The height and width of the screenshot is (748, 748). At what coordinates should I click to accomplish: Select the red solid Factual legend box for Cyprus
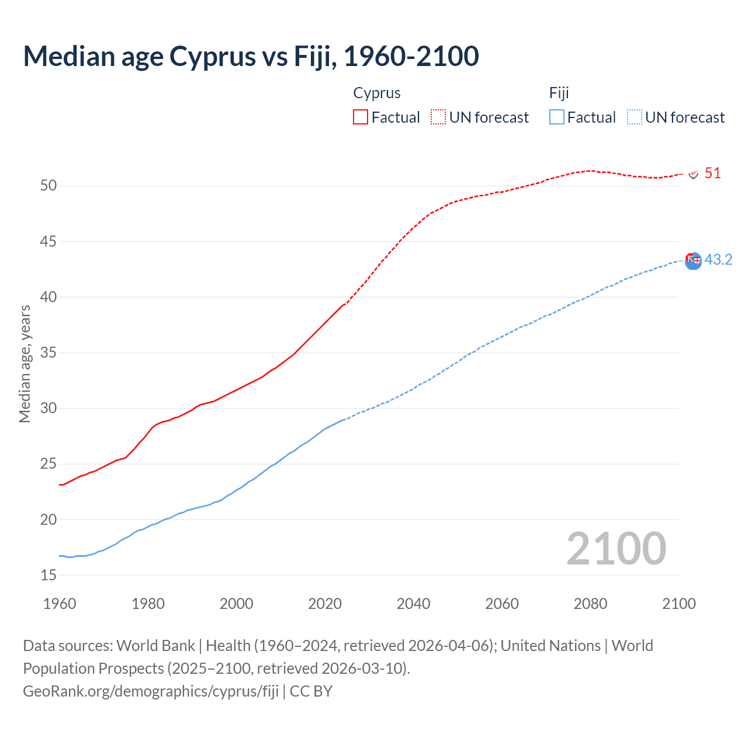(361, 117)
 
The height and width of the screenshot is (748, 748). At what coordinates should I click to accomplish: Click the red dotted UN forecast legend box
(438, 117)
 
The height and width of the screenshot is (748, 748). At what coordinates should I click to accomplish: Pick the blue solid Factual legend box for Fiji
(557, 117)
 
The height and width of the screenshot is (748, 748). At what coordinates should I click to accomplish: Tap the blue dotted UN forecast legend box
(635, 117)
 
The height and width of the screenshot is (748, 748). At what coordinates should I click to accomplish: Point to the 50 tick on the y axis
(49, 186)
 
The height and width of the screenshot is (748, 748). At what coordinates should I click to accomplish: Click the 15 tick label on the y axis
(49, 576)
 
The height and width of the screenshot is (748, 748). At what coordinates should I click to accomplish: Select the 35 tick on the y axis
(49, 353)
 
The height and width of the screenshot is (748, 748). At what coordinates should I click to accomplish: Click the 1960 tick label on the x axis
(60, 604)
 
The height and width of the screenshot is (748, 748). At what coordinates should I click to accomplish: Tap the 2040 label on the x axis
(413, 604)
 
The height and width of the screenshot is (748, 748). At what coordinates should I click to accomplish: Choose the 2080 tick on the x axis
(590, 604)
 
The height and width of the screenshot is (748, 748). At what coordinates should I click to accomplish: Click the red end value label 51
(712, 174)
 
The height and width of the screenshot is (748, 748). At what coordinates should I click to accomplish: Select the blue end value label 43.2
(718, 260)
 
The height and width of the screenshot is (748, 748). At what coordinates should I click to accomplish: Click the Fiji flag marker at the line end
(693, 261)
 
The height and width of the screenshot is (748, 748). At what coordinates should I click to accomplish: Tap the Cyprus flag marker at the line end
(694, 174)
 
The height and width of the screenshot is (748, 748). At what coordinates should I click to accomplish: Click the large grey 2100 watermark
(616, 549)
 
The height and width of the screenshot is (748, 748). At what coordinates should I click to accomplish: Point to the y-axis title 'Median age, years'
(25, 363)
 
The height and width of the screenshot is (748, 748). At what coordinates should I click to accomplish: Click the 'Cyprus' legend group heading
(377, 93)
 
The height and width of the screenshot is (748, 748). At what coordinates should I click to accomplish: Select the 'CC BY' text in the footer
(311, 691)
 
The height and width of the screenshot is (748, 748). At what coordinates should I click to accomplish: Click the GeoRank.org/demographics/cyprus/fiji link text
(151, 691)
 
